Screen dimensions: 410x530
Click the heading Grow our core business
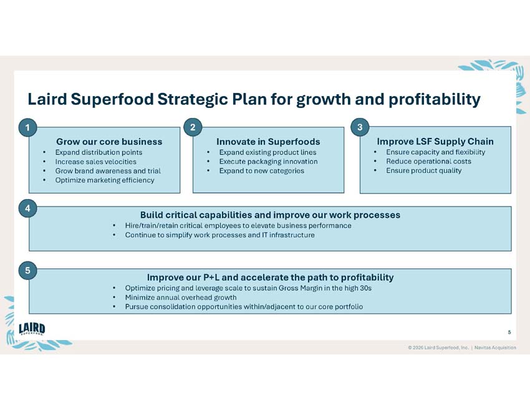click(x=109, y=142)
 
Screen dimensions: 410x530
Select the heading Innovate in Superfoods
click(x=268, y=142)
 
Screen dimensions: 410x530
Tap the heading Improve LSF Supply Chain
click(x=435, y=142)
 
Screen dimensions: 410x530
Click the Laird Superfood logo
click(x=32, y=329)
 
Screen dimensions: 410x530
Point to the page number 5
click(x=509, y=331)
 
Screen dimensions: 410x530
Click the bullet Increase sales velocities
click(x=95, y=162)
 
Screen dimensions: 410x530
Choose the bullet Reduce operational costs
click(x=428, y=162)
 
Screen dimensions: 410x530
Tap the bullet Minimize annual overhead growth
click(x=181, y=298)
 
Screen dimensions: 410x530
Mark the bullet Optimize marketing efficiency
click(x=105, y=180)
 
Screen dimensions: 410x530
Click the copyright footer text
click(x=461, y=348)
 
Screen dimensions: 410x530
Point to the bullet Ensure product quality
click(x=424, y=171)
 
